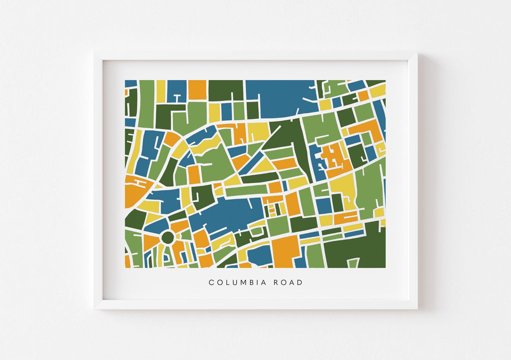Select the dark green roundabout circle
167,238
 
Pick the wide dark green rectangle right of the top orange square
226,90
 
